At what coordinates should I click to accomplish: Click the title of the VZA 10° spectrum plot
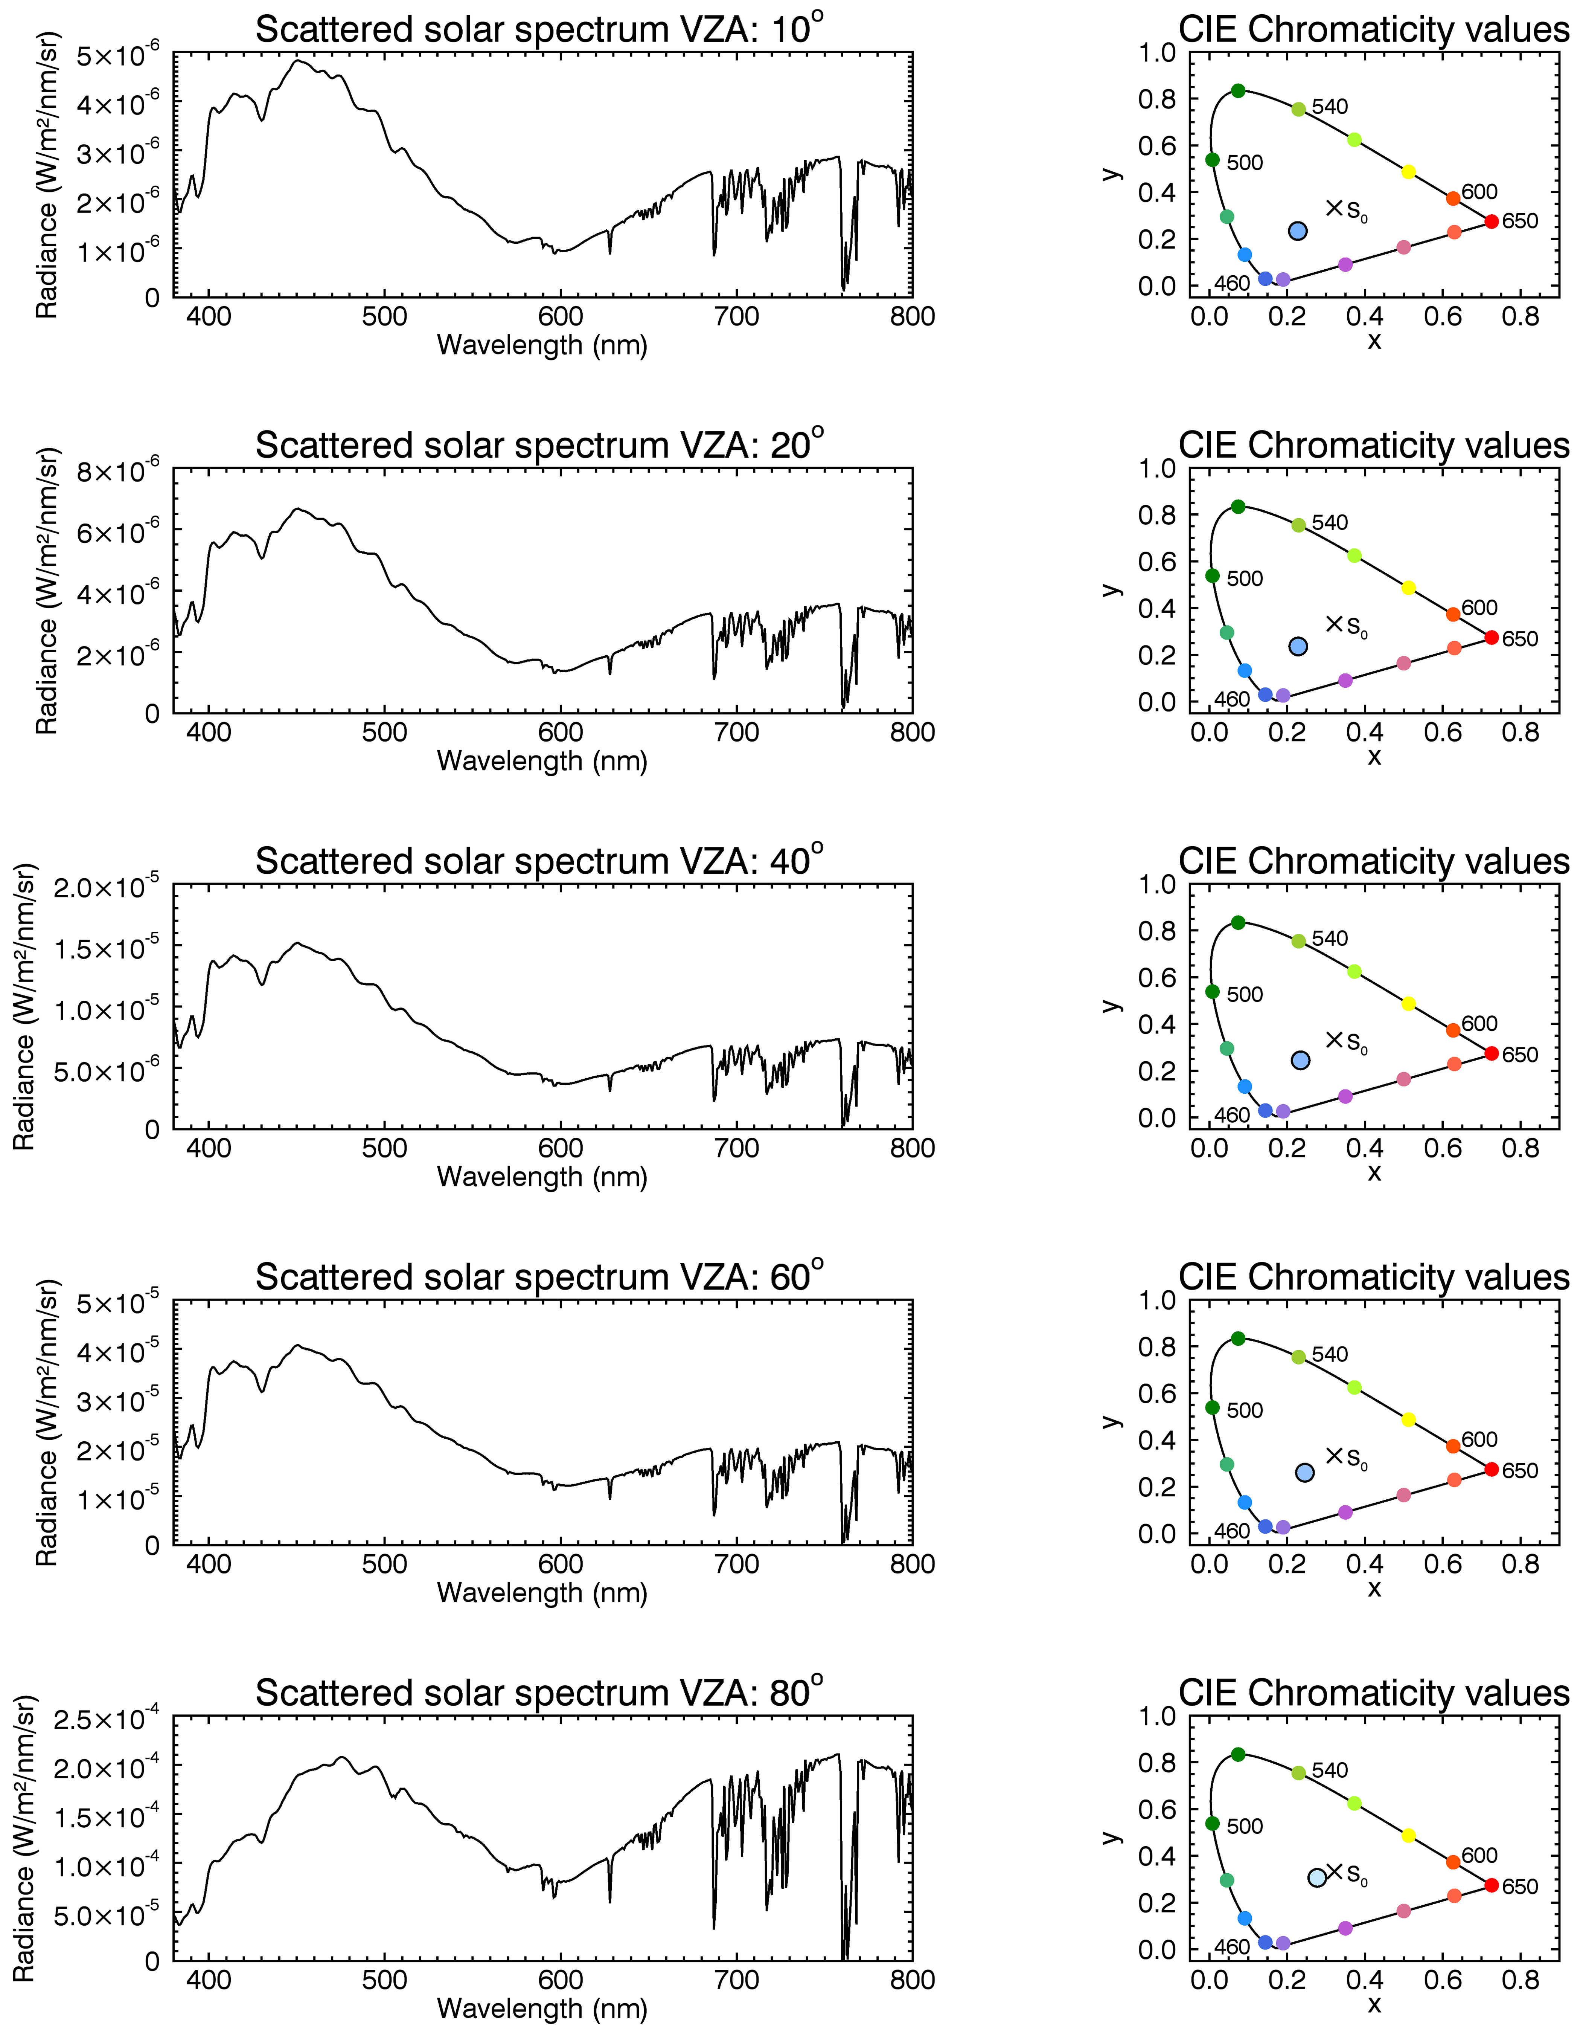pyautogui.click(x=540, y=30)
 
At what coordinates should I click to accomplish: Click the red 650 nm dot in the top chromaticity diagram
pyautogui.click(x=1491, y=221)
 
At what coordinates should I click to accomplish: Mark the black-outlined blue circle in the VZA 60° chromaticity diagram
pyautogui.click(x=1305, y=1473)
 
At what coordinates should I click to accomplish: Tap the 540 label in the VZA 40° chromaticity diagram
pyautogui.click(x=1329, y=938)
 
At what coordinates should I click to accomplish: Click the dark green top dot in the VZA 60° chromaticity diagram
pyautogui.click(x=1238, y=1339)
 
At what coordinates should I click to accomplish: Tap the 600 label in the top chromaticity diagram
pyautogui.click(x=1479, y=192)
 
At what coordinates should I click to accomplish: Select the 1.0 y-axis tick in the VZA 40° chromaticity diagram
pyautogui.click(x=1158, y=884)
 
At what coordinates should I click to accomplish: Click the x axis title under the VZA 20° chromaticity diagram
pyautogui.click(x=1374, y=757)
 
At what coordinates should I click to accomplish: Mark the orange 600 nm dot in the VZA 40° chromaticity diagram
pyautogui.click(x=1453, y=1030)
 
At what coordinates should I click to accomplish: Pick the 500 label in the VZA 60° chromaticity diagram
pyautogui.click(x=1244, y=1410)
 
